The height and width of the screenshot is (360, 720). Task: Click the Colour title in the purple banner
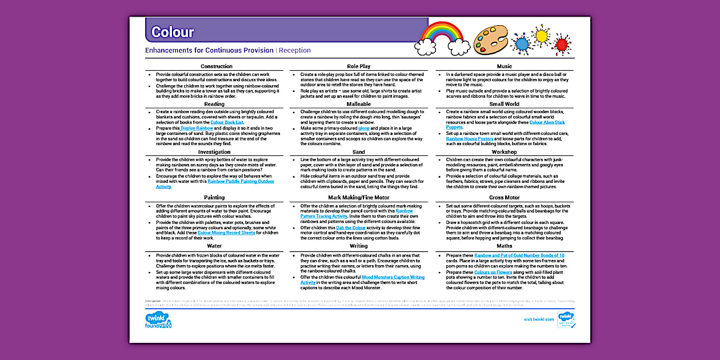point(172,33)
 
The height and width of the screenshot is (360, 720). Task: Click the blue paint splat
point(521,43)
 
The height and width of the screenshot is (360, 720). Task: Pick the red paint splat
point(562,44)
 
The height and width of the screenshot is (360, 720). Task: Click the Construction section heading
point(216,66)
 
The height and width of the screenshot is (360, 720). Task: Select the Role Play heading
point(358,66)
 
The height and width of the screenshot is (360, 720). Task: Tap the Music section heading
point(504,66)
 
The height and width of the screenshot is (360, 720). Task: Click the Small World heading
point(504,104)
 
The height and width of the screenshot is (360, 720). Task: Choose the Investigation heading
point(214,152)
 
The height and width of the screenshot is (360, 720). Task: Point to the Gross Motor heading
point(504,198)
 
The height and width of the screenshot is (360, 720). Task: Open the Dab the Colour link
point(351,227)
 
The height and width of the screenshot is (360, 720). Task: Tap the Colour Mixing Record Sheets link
point(226,233)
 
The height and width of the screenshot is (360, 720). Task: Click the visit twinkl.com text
point(538,319)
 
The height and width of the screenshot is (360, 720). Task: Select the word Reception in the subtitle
point(295,50)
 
